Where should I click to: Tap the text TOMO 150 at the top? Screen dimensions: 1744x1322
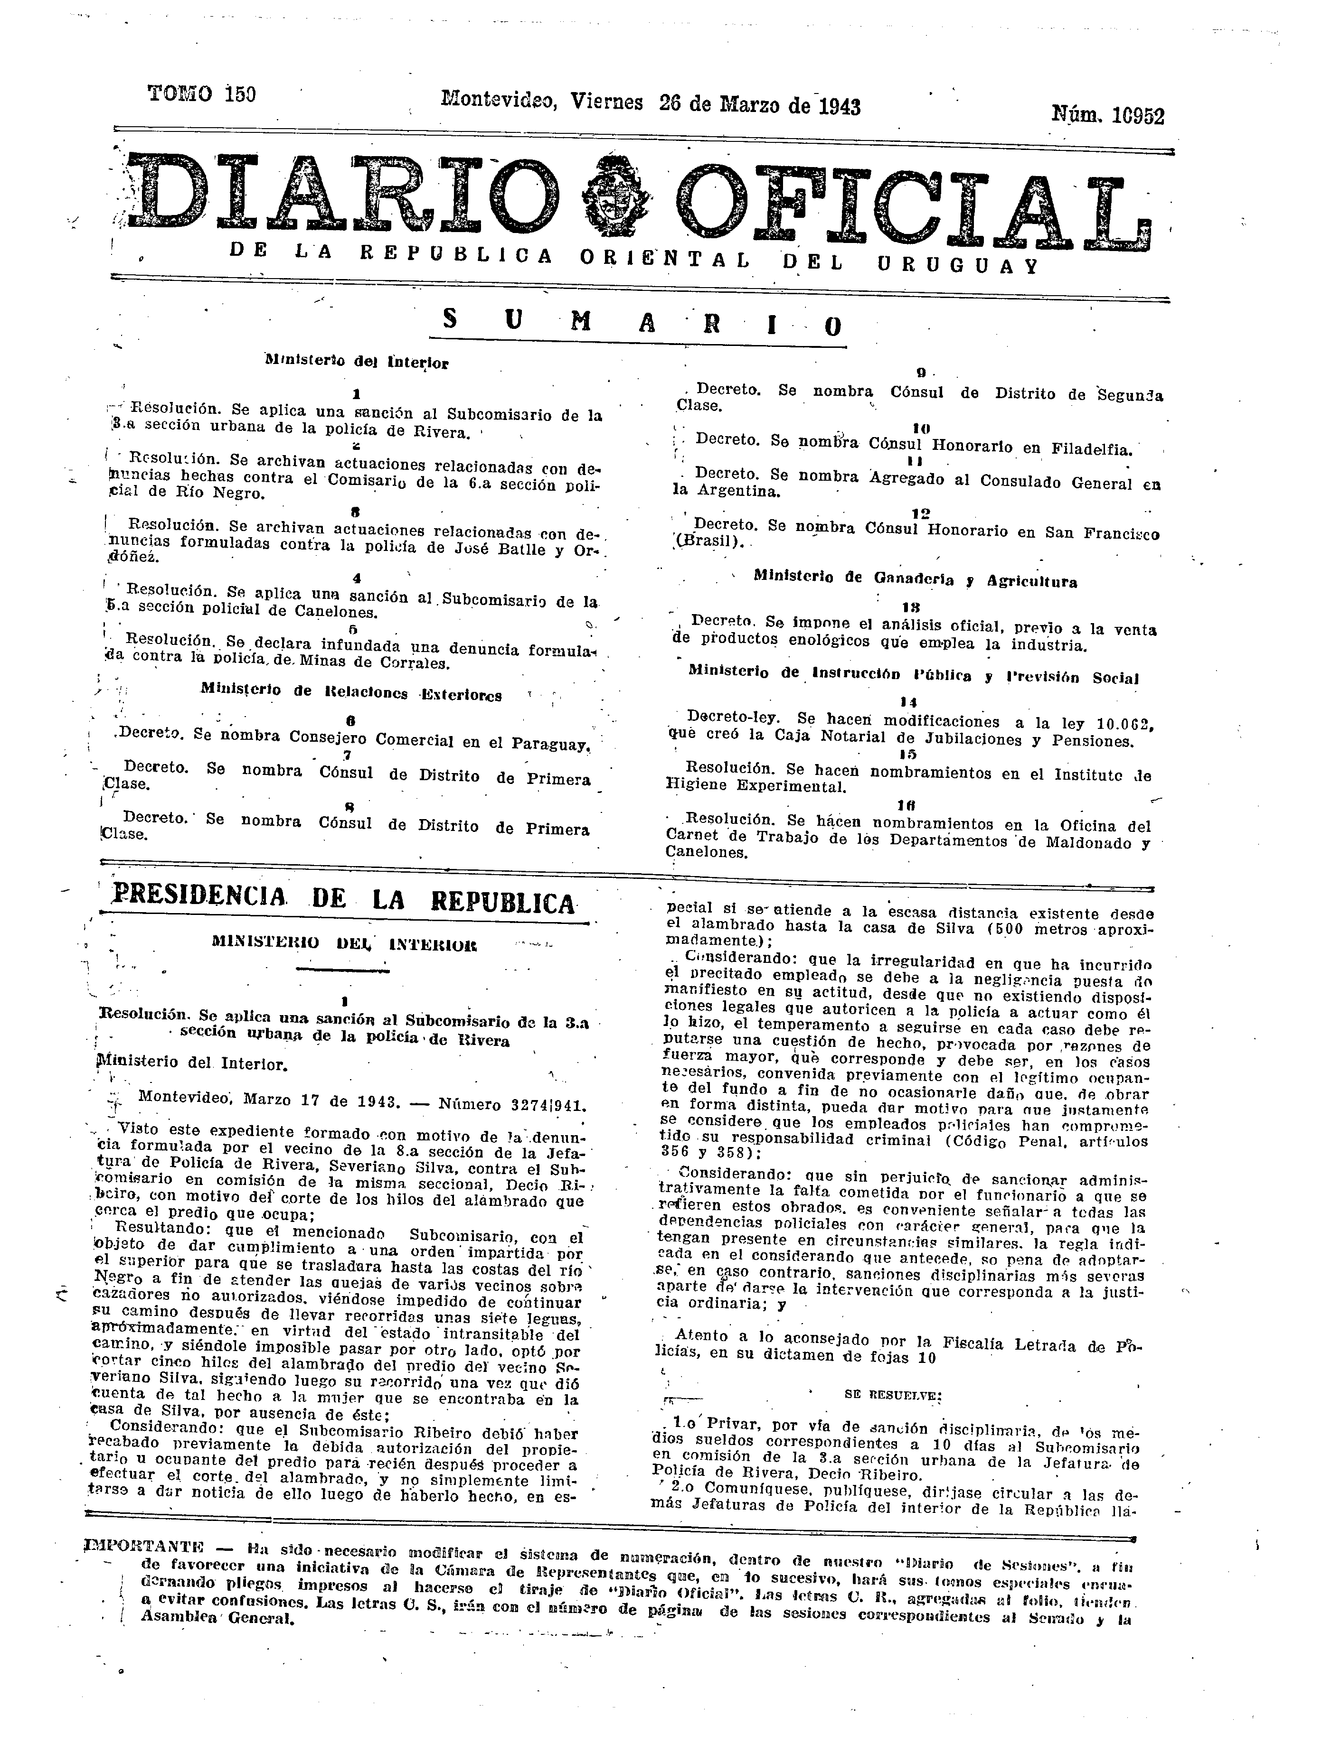tap(202, 94)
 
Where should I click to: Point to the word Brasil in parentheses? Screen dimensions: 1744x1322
tap(716, 542)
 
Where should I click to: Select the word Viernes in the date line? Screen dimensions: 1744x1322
tap(606, 102)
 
